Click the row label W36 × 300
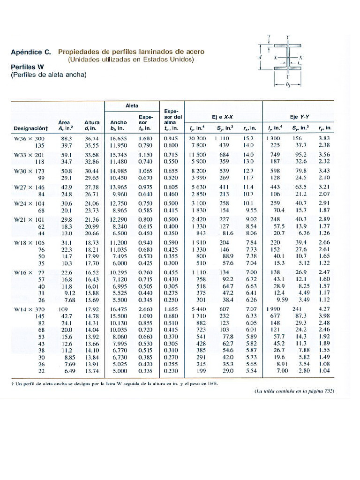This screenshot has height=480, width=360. (29, 139)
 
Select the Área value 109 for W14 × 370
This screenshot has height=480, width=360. (62, 309)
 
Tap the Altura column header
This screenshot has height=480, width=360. (92, 125)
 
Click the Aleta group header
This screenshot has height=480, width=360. (132, 106)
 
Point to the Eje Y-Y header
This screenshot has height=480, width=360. (298, 117)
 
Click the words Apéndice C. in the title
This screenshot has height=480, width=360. (31, 52)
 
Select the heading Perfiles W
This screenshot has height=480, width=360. (27, 67)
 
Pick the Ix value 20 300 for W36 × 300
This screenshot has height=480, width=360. (197, 139)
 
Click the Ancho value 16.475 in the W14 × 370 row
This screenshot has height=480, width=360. (119, 309)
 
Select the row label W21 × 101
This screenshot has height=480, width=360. (29, 219)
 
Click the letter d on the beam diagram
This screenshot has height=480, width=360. (260, 57)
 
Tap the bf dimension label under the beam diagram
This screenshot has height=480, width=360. (287, 85)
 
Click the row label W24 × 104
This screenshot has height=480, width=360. (29, 203)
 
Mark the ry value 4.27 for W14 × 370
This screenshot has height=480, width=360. (324, 309)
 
